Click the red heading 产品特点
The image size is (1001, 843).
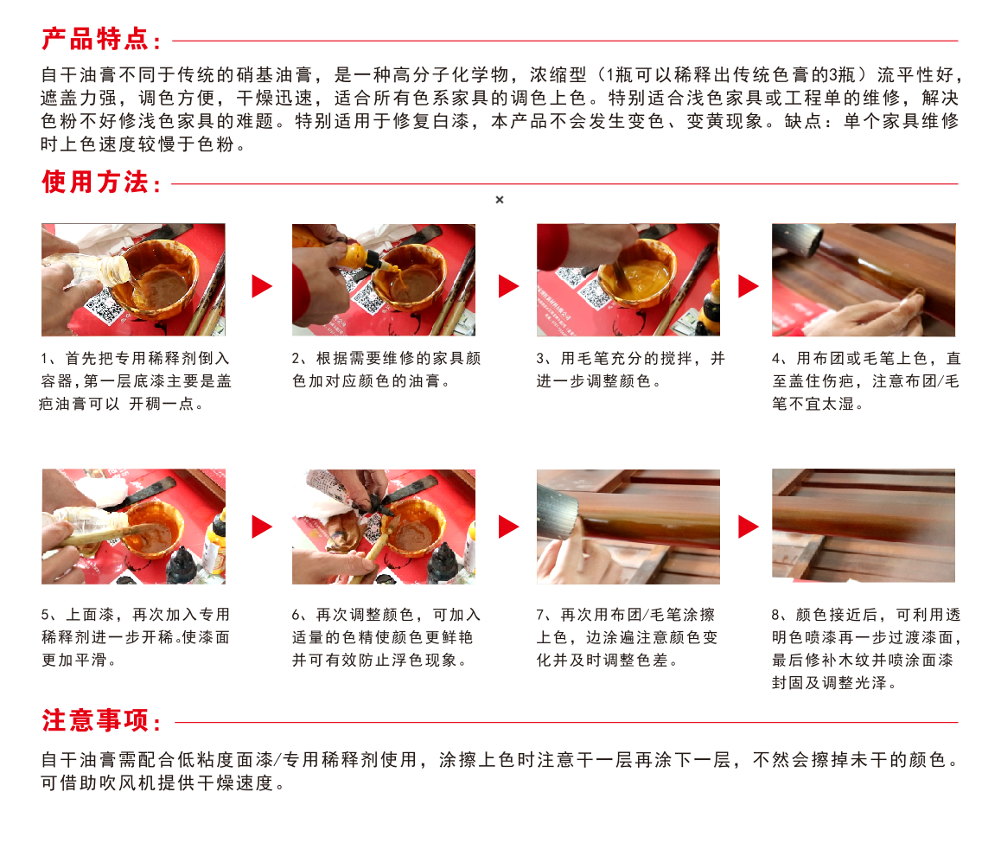point(96,40)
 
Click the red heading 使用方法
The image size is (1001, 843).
point(96,182)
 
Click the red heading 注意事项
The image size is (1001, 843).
point(96,720)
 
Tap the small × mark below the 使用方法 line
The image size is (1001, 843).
point(500,200)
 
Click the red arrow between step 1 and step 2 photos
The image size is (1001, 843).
point(262,285)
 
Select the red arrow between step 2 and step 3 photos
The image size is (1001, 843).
point(508,285)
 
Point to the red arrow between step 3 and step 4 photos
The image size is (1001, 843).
point(749,285)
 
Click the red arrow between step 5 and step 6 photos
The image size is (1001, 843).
point(262,527)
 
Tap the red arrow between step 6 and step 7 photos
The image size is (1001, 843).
point(508,527)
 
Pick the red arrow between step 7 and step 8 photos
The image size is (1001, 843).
point(749,527)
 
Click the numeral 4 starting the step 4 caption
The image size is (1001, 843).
point(775,359)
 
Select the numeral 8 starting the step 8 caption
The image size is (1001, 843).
point(775,615)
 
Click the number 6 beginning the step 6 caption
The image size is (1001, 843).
point(296,615)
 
